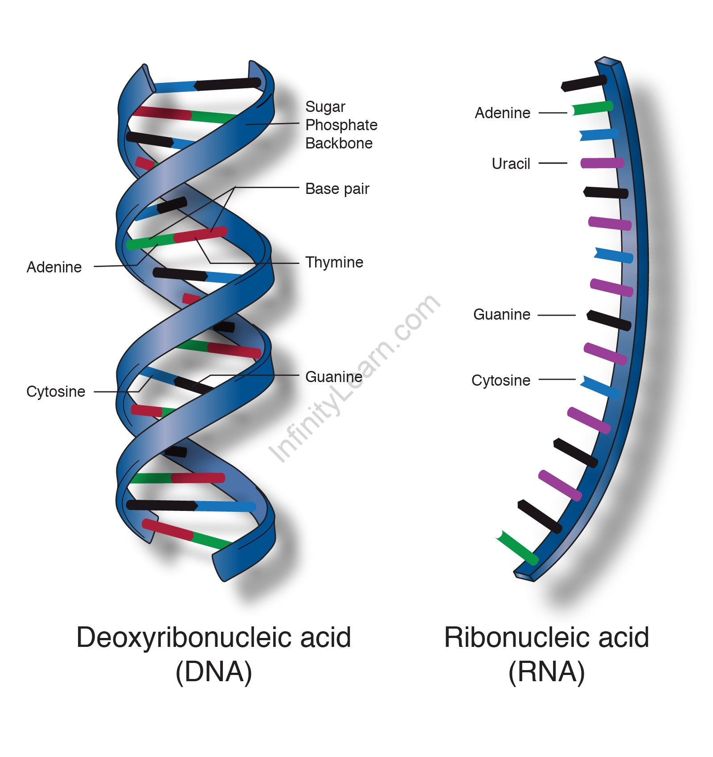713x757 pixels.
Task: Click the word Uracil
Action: pos(511,164)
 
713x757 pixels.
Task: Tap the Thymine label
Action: pos(334,262)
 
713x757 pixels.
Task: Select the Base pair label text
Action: pos(337,189)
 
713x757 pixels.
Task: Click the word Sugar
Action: pos(325,107)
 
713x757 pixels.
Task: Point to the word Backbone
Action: pos(339,143)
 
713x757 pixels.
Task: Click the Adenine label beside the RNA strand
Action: pos(502,113)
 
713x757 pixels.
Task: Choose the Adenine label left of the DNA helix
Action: pos(54,267)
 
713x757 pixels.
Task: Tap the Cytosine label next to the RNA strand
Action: pos(500,380)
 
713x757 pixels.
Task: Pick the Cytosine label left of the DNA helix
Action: pos(56,391)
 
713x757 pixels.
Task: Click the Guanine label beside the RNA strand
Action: pos(501,314)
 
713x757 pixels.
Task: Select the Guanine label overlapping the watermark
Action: pos(333,377)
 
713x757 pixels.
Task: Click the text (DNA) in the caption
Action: pos(214,672)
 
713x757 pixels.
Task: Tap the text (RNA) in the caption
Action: pos(546,672)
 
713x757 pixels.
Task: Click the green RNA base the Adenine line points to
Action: pos(592,108)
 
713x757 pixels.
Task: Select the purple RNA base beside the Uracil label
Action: pos(602,163)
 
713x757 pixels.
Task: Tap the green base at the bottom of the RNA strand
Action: pos(517,548)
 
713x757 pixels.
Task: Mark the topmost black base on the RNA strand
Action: pos(584,83)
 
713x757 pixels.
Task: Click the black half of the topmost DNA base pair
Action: pos(228,84)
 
